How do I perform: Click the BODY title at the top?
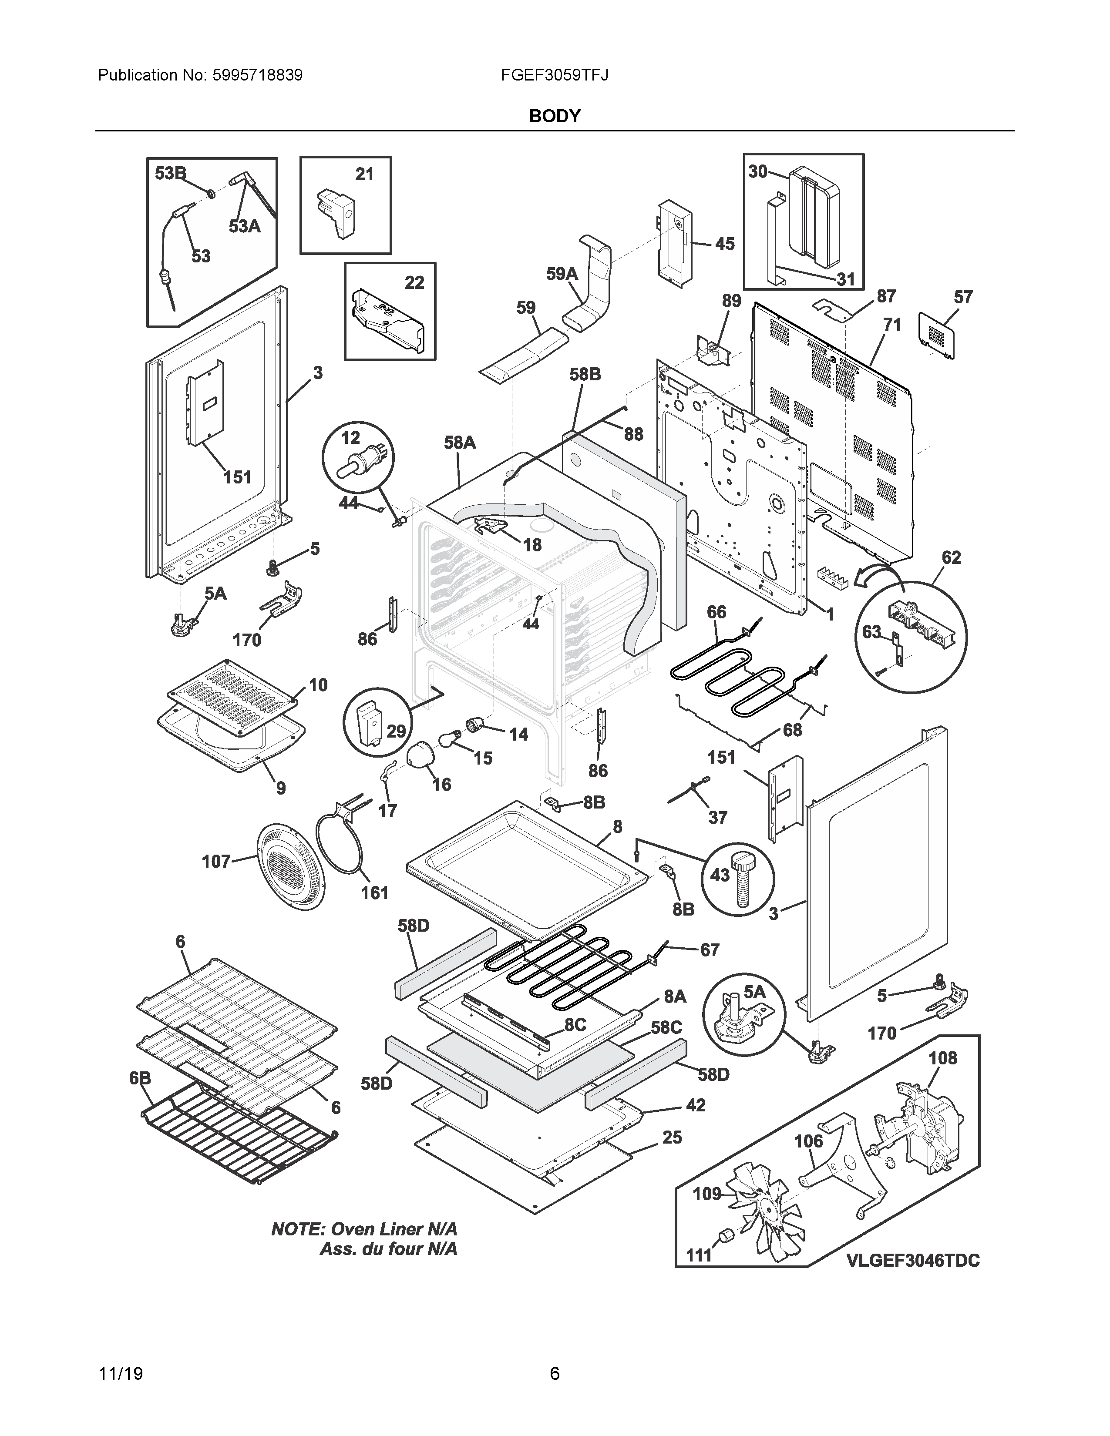point(554,116)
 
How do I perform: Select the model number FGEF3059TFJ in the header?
point(554,75)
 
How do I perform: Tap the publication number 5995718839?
point(257,75)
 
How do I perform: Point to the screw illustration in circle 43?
point(743,880)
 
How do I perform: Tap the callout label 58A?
point(460,443)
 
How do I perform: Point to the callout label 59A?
point(562,274)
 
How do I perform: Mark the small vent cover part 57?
point(937,336)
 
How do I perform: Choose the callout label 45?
point(725,244)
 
